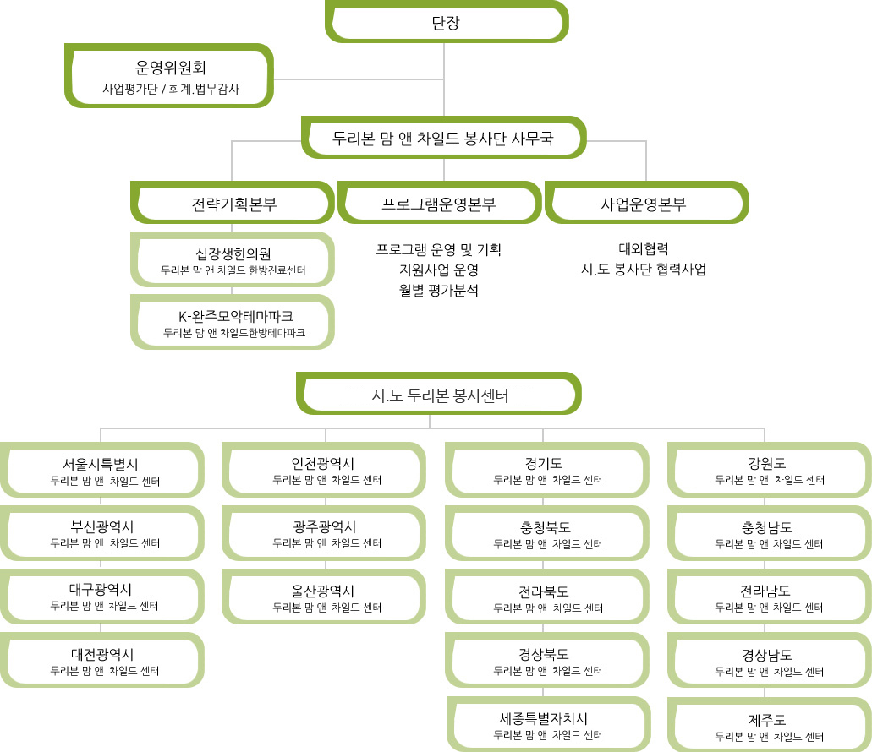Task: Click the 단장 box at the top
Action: click(447, 22)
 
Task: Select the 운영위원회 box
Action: click(169, 76)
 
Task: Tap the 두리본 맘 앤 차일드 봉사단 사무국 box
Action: click(443, 138)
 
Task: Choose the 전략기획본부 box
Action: click(233, 204)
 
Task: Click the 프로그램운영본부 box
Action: click(439, 204)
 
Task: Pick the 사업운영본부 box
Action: click(647, 204)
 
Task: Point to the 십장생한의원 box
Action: click(233, 260)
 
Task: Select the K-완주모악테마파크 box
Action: click(233, 323)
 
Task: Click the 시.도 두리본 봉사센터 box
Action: click(439, 394)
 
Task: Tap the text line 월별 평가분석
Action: click(439, 290)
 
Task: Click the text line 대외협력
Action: click(644, 248)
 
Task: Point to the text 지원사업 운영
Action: click(439, 270)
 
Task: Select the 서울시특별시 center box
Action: click(102, 470)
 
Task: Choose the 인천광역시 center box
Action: click(324, 470)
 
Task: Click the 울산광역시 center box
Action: click(324, 597)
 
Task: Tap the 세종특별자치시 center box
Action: click(548, 724)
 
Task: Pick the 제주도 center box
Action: click(770, 724)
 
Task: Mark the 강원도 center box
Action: click(770, 470)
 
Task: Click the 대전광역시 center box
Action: click(102, 660)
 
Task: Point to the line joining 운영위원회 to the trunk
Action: click(359, 79)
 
